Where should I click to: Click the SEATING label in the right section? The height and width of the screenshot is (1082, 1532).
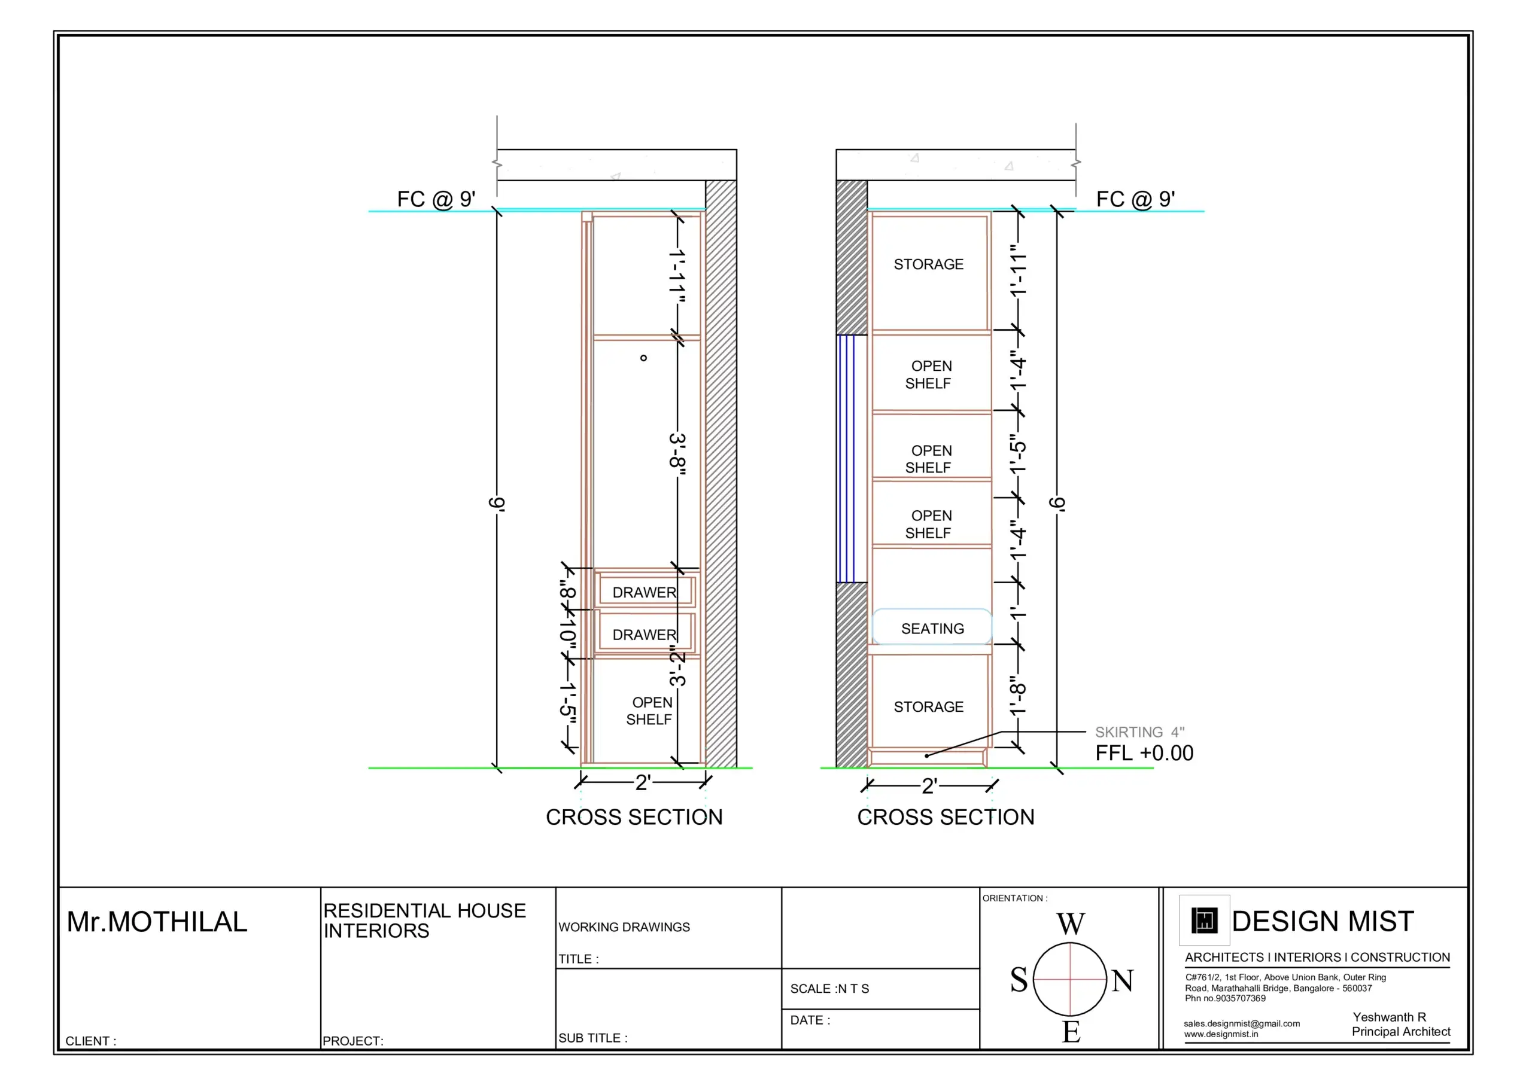pos(932,629)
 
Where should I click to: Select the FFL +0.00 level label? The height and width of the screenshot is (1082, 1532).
pos(1144,753)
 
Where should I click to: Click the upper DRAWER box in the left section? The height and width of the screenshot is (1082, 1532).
pos(645,592)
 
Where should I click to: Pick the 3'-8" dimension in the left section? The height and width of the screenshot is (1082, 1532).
pos(678,455)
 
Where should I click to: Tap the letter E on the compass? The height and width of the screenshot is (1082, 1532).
pos(1071,1032)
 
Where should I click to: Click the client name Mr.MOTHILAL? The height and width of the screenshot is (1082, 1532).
pos(157,922)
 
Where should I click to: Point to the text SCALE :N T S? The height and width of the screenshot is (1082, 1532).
pos(829,989)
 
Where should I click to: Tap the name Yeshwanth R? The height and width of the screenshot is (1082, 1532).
pos(1388,1017)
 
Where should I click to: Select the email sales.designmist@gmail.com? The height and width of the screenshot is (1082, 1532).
pos(1241,1023)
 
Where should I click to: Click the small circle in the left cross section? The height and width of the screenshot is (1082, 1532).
pos(643,358)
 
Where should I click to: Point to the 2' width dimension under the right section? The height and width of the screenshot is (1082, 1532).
pos(929,787)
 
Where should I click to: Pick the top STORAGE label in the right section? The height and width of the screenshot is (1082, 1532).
pos(928,264)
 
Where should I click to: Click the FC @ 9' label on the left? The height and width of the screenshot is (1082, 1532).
pos(436,199)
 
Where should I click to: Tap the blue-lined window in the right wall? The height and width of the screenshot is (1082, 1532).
pos(846,458)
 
